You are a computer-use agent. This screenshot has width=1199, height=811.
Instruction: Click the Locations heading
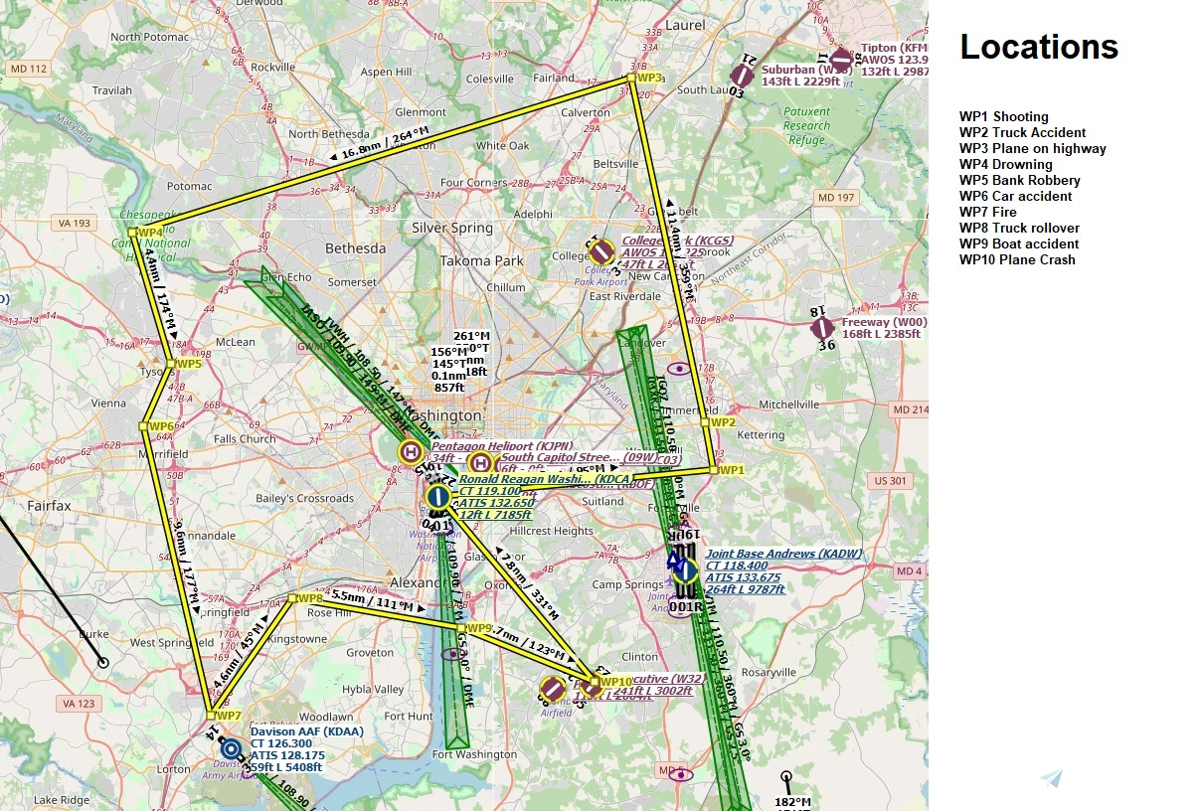(1039, 47)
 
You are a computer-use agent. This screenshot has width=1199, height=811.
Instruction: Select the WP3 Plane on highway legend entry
(1032, 148)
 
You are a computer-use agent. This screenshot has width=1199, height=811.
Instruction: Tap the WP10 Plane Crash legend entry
(1017, 259)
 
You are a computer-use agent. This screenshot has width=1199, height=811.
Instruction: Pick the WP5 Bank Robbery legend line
(1019, 180)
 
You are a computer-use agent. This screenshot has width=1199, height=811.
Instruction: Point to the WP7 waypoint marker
(211, 715)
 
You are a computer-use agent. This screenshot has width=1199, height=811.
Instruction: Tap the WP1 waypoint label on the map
(731, 470)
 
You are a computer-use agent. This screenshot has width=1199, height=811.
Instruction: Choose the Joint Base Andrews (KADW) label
(783, 554)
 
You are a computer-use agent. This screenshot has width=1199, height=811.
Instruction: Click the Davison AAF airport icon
(232, 749)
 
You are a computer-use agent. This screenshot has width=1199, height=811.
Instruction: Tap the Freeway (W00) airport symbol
(821, 328)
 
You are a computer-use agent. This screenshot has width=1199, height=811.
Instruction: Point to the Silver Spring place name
(452, 228)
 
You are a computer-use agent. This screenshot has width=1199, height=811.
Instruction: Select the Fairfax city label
(49, 506)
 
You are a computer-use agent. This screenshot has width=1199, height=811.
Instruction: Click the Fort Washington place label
(474, 754)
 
